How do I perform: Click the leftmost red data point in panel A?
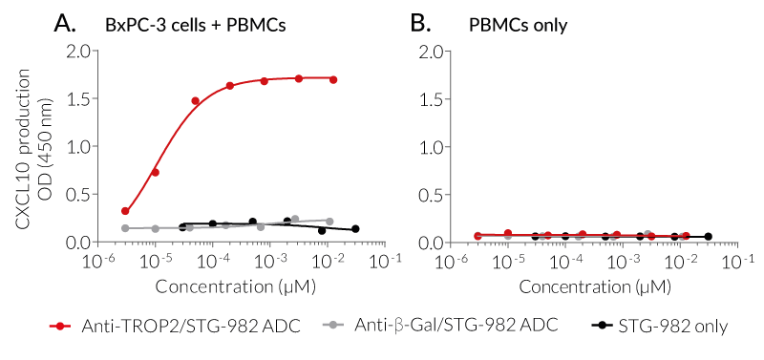click(125, 211)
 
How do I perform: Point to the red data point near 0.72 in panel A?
click(155, 173)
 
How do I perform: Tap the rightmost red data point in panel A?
click(333, 79)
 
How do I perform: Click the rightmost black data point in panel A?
click(355, 229)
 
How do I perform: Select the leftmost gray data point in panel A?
click(125, 228)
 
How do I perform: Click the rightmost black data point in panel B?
click(708, 236)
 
